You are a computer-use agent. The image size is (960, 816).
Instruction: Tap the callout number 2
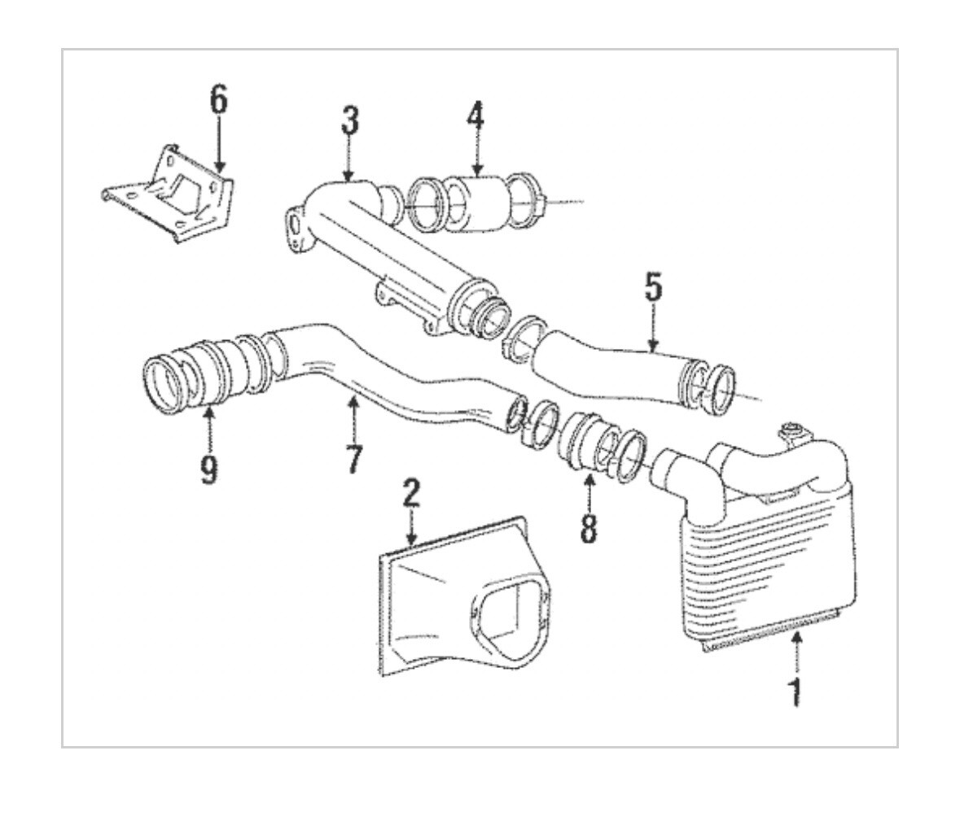411,494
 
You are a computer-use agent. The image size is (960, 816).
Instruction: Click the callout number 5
653,287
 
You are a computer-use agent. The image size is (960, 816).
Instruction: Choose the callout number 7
353,460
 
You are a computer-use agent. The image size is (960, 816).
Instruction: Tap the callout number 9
209,470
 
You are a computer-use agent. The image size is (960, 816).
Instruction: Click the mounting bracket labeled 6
175,195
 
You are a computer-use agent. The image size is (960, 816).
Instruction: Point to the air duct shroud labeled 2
440,602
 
